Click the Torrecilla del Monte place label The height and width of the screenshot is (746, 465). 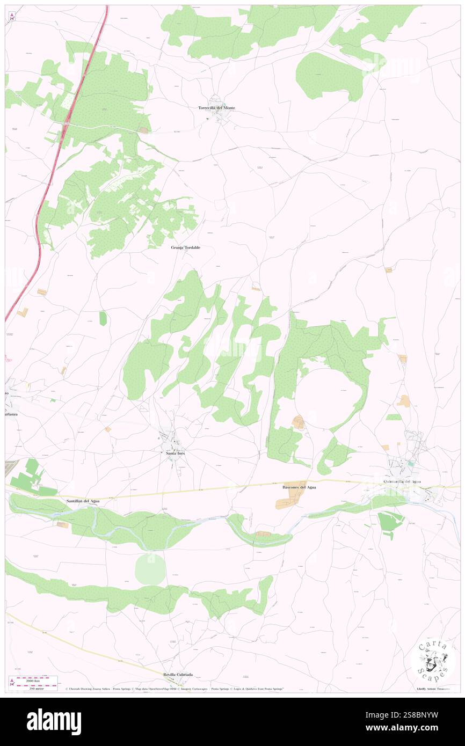pyautogui.click(x=216, y=108)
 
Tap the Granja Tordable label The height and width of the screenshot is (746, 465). pyautogui.click(x=185, y=247)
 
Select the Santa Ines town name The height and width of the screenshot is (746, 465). pyautogui.click(x=172, y=453)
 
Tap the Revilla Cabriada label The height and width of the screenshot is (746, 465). pyautogui.click(x=178, y=674)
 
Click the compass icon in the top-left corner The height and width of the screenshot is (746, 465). pyautogui.click(x=12, y=17)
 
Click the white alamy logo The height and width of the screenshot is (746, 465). pyautogui.click(x=54, y=722)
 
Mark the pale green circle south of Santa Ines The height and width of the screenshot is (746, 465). pyautogui.click(x=150, y=569)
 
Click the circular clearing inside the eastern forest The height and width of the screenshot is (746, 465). pyautogui.click(x=327, y=397)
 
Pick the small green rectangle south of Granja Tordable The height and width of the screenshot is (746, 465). pyautogui.click(x=103, y=318)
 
